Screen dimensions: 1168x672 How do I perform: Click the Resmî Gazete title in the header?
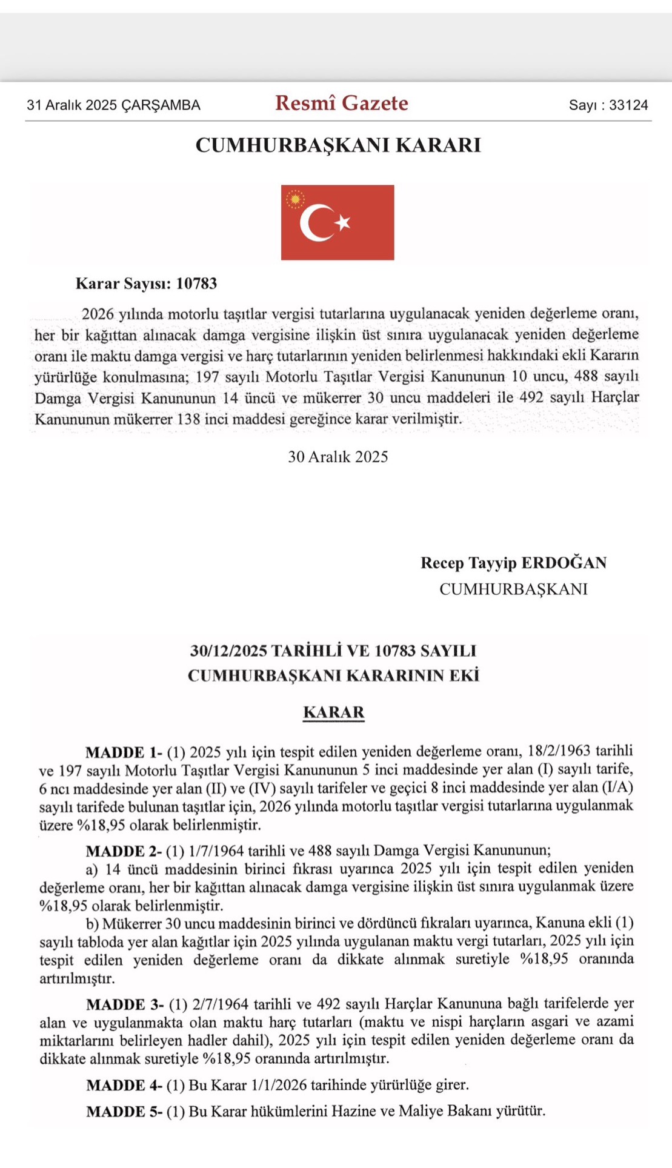(x=342, y=104)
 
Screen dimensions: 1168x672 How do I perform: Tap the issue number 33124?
(x=628, y=105)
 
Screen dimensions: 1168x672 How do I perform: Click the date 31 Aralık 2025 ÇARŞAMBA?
(x=113, y=105)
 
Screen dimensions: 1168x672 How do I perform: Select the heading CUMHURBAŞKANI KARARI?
(x=338, y=145)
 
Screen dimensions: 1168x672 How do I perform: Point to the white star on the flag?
(x=344, y=223)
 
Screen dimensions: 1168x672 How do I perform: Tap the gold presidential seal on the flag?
(x=296, y=199)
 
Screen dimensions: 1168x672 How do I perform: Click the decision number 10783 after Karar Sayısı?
(x=196, y=284)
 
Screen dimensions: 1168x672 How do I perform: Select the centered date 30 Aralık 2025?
(x=338, y=457)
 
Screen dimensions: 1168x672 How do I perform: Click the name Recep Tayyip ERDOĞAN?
(x=513, y=563)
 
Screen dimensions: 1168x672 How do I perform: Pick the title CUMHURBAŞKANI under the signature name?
(x=513, y=589)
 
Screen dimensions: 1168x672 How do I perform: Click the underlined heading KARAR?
(x=334, y=712)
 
